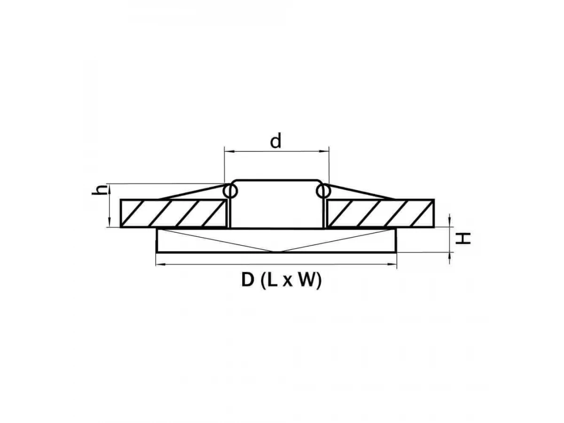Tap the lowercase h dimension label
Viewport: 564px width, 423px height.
(99, 189)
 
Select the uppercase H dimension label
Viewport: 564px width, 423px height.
(463, 238)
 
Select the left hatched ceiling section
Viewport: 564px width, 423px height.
(174, 213)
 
